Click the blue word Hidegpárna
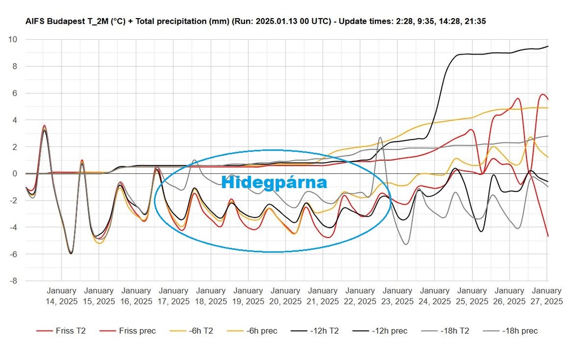pyautogui.click(x=274, y=182)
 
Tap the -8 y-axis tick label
pyautogui.click(x=12, y=281)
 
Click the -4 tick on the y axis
pyautogui.click(x=12, y=227)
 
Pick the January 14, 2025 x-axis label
pyautogui.click(x=61, y=296)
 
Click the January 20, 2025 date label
pyautogui.click(x=285, y=296)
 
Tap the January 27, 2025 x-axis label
pyautogui.click(x=546, y=296)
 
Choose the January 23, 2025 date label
pyautogui.click(x=397, y=296)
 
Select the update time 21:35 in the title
pyautogui.click(x=476, y=22)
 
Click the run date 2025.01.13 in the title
pyautogui.click(x=276, y=22)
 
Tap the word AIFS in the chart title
pyautogui.click(x=35, y=22)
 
